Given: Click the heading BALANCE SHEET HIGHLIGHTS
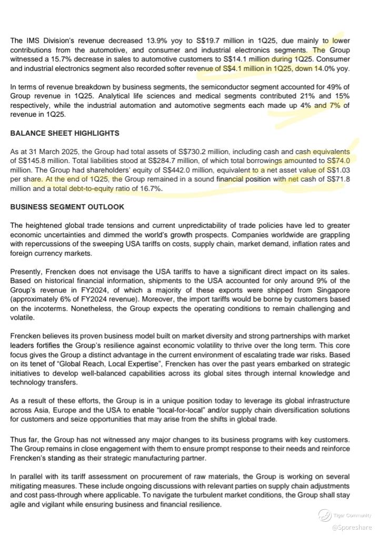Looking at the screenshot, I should [x=65, y=133].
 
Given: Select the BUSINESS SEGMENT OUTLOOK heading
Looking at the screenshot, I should [x=67, y=207].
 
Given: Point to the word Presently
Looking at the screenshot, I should [x=27, y=272].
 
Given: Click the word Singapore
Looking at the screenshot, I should [x=334, y=290].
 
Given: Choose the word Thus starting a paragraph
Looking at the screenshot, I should [x=18, y=439].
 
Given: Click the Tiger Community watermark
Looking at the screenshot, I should [x=347, y=516].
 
